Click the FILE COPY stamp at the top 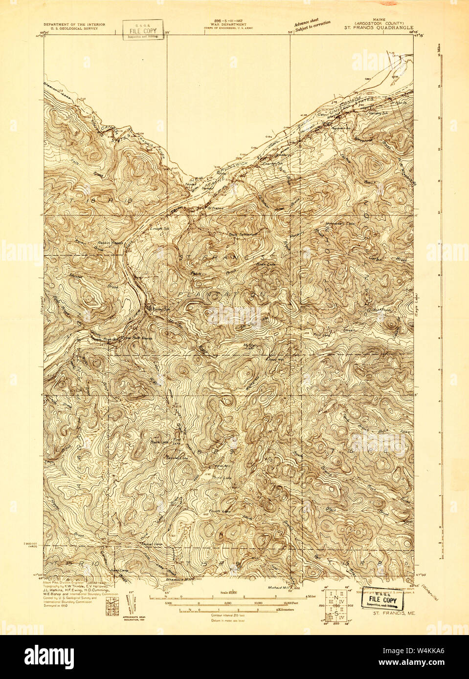[143, 30]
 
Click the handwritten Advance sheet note [312, 24]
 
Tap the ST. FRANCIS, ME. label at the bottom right [394, 613]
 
